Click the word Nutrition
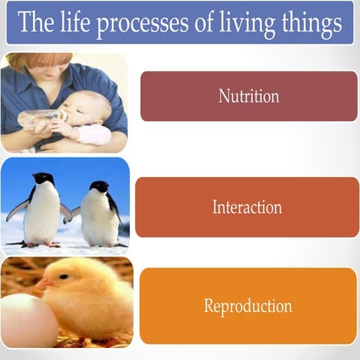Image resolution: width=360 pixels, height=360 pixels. click(248, 96)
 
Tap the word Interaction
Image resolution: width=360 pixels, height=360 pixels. click(247, 207)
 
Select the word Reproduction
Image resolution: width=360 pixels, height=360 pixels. click(247, 306)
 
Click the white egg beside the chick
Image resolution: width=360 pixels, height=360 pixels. click(26, 319)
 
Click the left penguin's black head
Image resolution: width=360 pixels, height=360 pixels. click(43, 179)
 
